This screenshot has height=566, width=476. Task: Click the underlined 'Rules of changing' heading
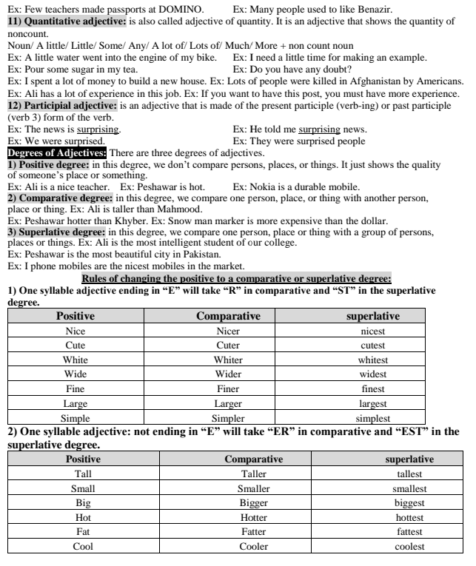236,278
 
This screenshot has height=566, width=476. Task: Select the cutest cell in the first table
372,345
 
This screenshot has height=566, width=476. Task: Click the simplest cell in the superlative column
372,418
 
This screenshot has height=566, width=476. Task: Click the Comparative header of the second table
253,459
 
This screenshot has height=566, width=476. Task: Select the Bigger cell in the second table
253,503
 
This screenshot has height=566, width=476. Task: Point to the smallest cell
409,488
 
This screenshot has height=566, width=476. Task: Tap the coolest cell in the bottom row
409,546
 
